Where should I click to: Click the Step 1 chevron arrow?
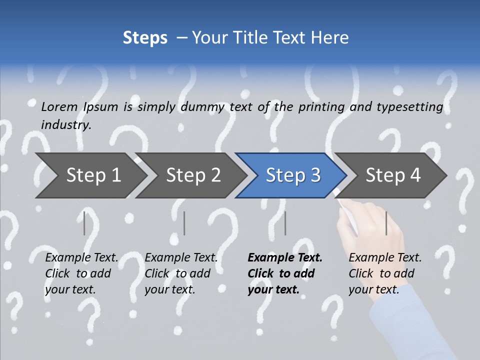pos(93,175)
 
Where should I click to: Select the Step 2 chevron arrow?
pos(193,175)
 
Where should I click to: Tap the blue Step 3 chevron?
pos(293,175)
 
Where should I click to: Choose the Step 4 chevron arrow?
pos(393,175)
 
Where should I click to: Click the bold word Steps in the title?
pos(145,38)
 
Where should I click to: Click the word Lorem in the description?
pos(59,106)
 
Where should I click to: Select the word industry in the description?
pos(66,125)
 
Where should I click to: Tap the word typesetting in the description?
pos(409,107)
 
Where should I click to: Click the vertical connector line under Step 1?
pos(84,223)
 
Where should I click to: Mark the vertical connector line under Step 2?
pos(184,223)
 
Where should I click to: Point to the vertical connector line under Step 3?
pos(285,223)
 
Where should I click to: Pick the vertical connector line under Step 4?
pos(386,223)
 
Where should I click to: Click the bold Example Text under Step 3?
pos(285,258)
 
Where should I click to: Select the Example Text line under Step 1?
pos(82,258)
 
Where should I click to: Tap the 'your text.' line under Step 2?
pos(170,289)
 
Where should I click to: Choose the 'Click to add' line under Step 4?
pos(381,273)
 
